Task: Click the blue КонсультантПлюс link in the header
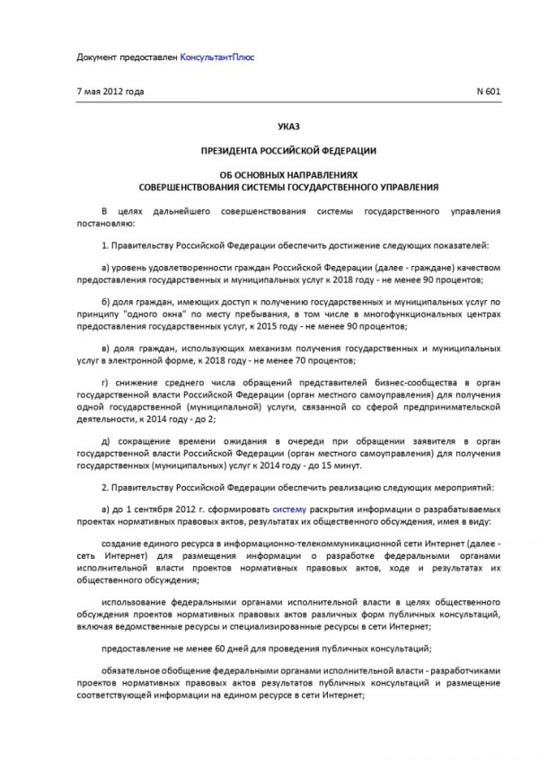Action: click(x=216, y=57)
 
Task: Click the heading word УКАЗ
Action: click(x=288, y=130)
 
